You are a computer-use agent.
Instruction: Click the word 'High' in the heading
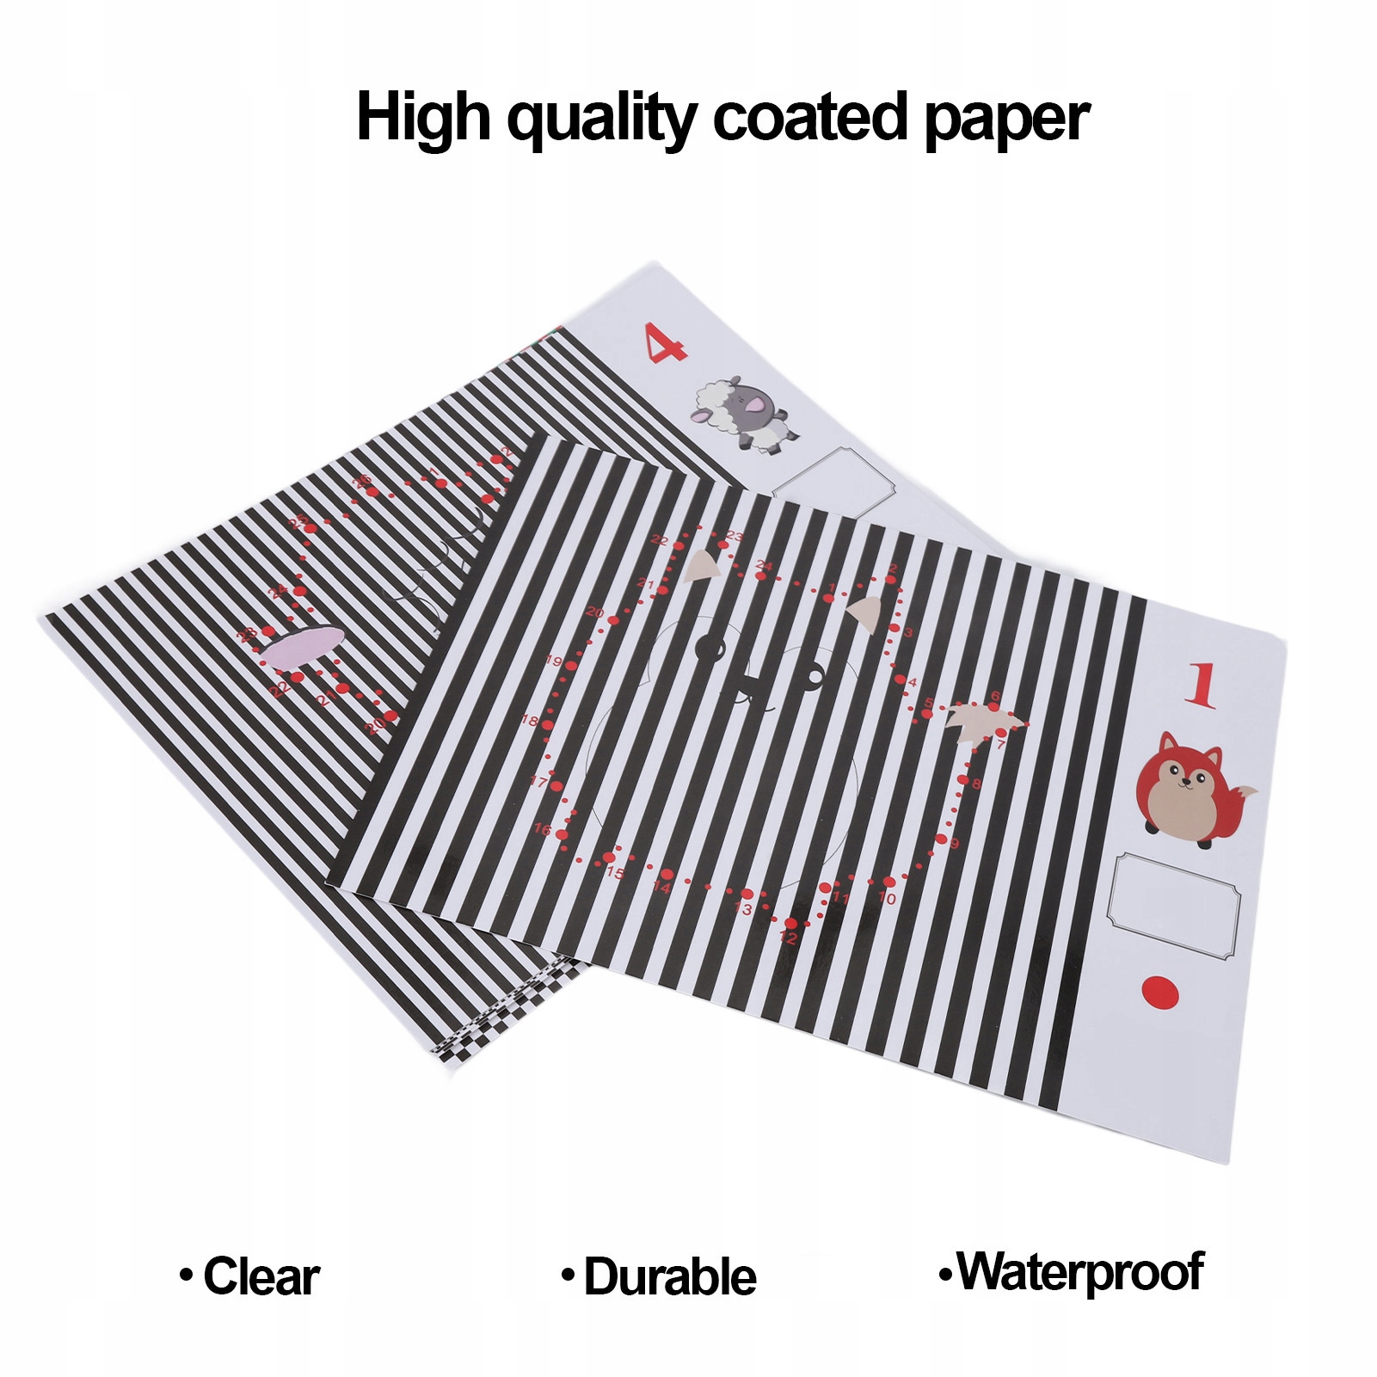(422, 119)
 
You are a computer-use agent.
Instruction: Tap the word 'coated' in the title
(810, 117)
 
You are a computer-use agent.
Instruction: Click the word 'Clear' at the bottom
(261, 1276)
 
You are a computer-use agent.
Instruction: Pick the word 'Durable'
(669, 1276)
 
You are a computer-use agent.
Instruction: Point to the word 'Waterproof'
(1080, 1272)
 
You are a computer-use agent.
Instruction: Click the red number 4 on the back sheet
(667, 342)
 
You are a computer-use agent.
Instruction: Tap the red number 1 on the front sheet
(1202, 685)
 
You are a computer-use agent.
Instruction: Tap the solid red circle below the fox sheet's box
(1159, 992)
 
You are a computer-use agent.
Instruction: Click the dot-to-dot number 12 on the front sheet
(788, 937)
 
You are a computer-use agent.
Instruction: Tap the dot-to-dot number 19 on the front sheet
(553, 661)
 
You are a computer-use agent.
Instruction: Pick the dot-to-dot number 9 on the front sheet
(953, 844)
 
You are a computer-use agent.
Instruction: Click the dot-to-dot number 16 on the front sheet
(542, 829)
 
